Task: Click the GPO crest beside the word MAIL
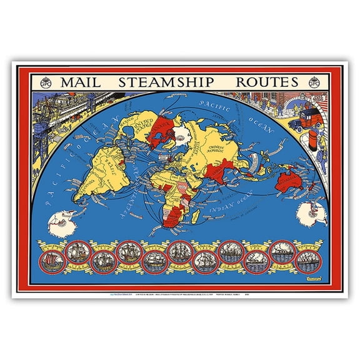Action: (x=46, y=82)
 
